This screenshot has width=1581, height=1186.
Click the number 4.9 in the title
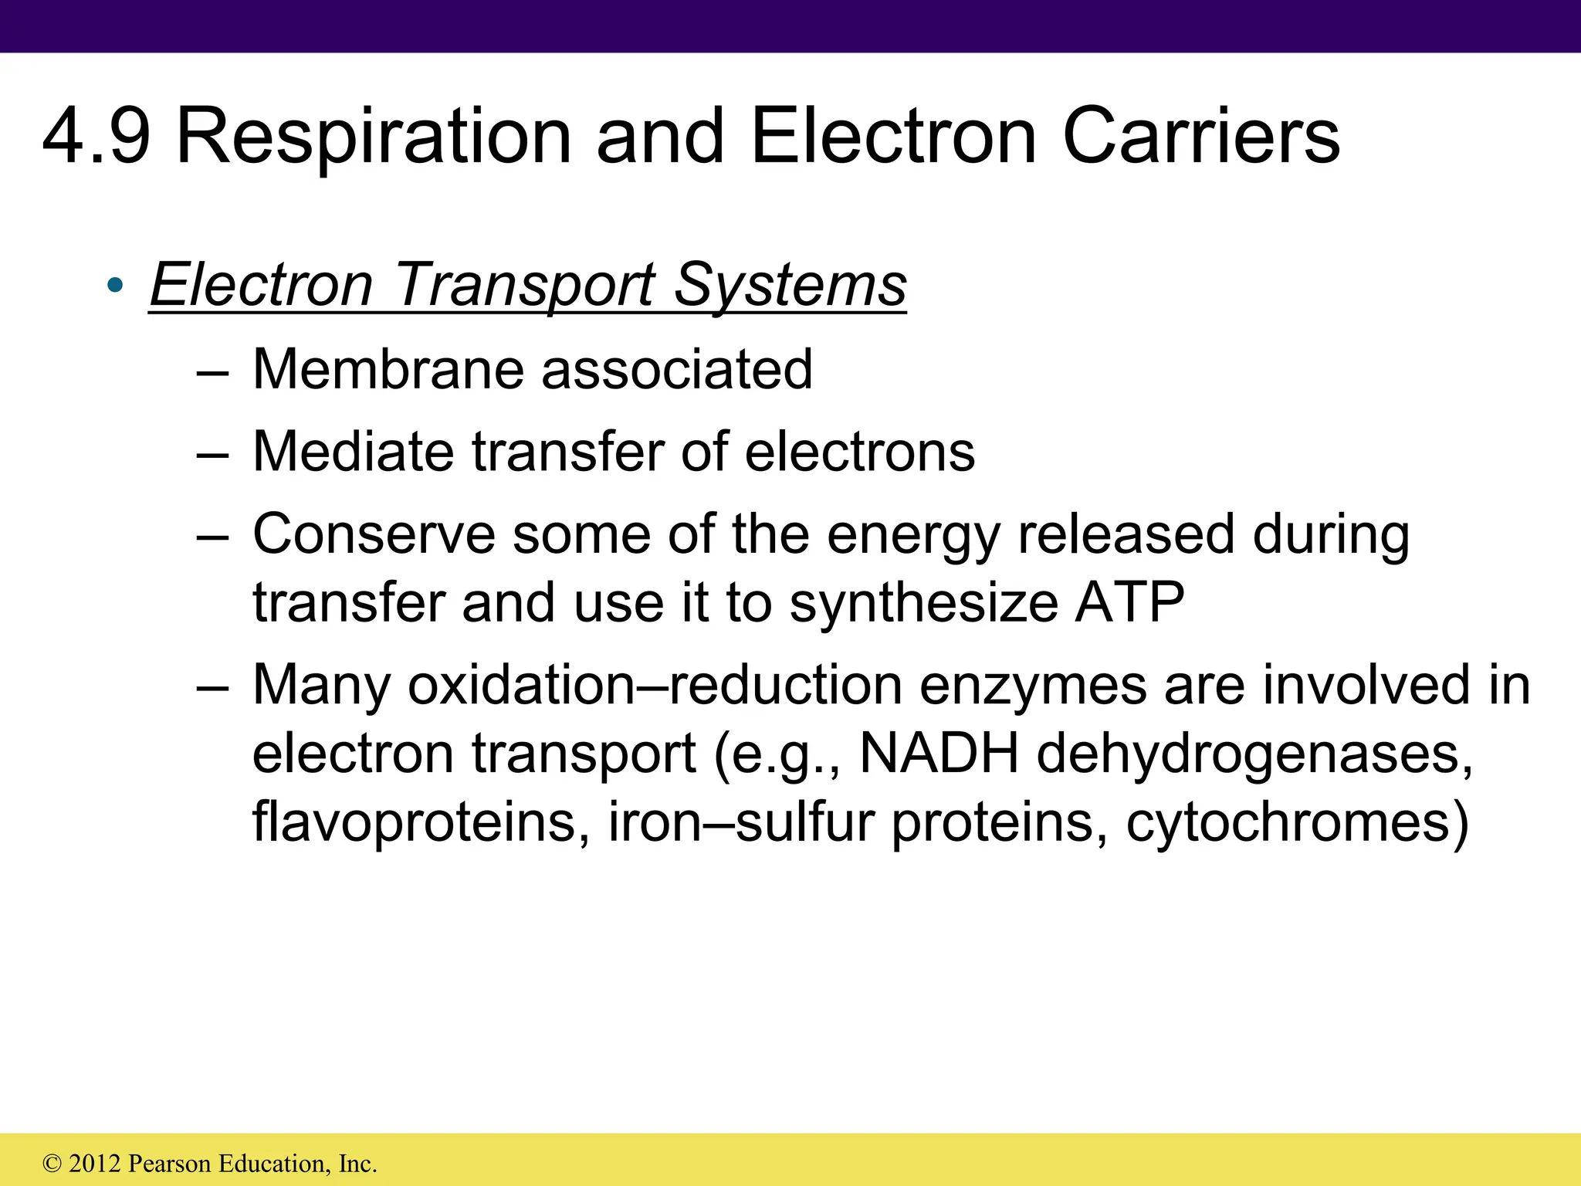[x=96, y=137]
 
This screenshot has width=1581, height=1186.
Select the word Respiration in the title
[x=374, y=137]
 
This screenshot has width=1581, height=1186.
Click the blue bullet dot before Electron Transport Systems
[x=115, y=286]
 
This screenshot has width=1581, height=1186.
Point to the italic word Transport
[x=525, y=286]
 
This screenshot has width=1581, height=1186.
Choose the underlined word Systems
[x=790, y=286]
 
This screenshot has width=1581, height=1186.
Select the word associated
[x=677, y=369]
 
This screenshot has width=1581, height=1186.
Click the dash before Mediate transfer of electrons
[x=212, y=454]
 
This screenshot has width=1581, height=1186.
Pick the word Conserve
[x=374, y=534]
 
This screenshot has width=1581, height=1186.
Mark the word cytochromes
[x=1297, y=823]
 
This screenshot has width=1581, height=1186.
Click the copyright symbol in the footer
[x=52, y=1164]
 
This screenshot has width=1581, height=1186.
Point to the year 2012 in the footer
[x=94, y=1164]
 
